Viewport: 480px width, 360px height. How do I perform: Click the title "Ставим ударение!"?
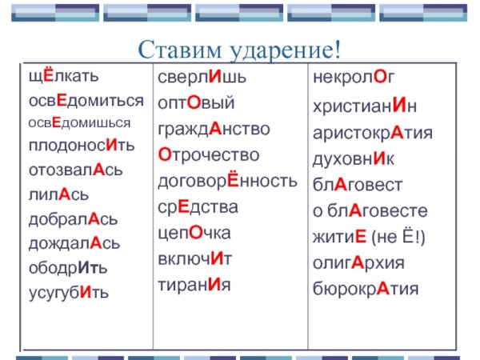[x=240, y=50]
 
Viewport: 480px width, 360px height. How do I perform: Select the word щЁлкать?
[x=64, y=78]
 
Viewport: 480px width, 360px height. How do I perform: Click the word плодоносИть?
[x=81, y=147]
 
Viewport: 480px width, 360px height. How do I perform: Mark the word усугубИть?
[x=69, y=293]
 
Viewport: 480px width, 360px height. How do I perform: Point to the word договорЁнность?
[x=226, y=181]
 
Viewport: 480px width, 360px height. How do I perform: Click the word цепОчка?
[x=194, y=233]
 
